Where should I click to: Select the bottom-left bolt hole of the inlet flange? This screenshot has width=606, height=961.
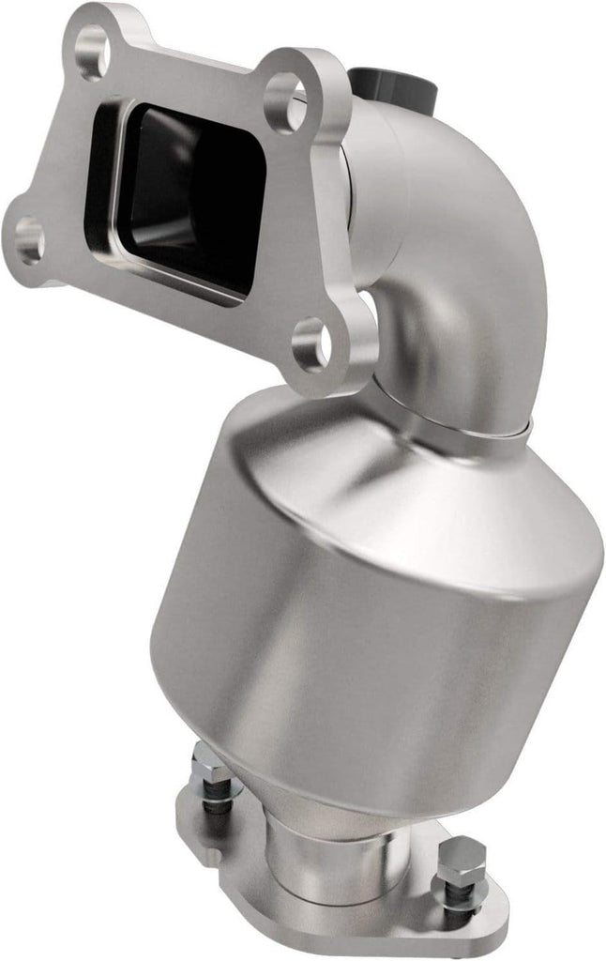coord(29,240)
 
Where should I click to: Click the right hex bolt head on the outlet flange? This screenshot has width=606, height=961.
coord(459,861)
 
